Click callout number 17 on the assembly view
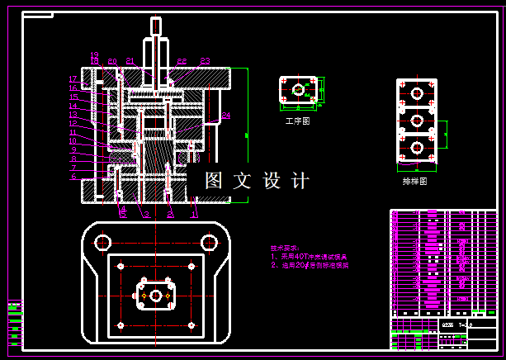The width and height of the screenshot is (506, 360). [73, 78]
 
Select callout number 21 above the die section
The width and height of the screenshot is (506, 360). [130, 61]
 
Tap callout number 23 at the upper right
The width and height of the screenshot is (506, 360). [205, 61]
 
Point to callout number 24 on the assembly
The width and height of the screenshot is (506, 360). [225, 115]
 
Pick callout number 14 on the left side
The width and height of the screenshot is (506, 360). [73, 106]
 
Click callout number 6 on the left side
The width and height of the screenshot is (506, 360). [73, 176]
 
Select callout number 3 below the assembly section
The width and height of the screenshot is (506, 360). [146, 215]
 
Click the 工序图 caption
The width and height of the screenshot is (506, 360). [297, 121]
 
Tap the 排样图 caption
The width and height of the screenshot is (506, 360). [414, 180]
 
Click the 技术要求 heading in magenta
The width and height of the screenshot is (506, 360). [286, 248]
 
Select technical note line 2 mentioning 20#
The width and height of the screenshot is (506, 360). [310, 266]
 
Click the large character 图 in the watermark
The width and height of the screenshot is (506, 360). [214, 180]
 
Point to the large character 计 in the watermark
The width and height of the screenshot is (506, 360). [300, 180]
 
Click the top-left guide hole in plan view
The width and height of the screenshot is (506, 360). [102, 242]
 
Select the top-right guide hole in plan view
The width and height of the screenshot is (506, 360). [206, 242]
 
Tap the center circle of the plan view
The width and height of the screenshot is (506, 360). [155, 295]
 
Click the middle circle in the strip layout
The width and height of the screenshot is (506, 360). [417, 121]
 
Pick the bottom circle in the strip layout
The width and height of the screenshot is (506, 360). [417, 147]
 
